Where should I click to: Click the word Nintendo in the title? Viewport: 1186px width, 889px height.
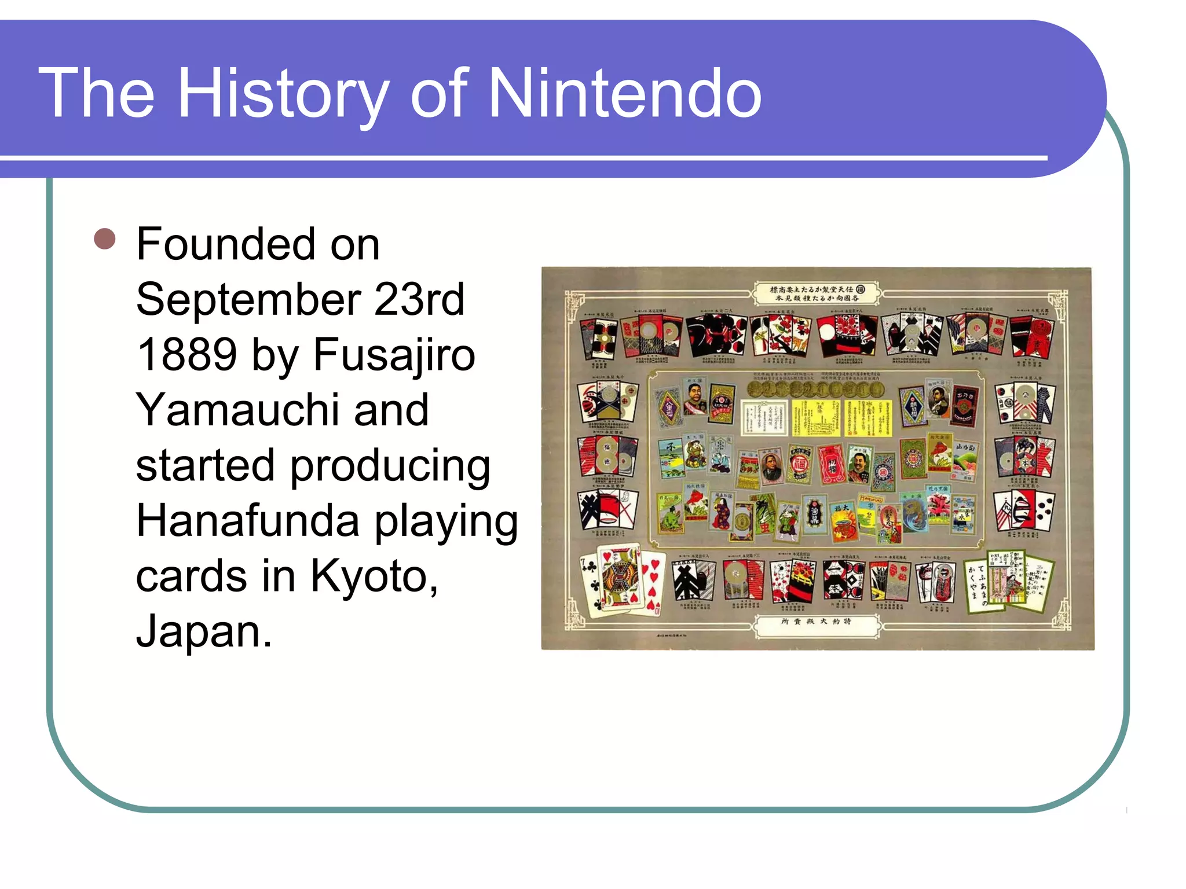click(625, 94)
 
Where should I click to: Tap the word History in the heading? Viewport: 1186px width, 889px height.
click(283, 94)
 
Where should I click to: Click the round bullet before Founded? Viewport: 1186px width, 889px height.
click(105, 238)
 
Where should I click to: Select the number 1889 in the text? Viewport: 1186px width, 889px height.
click(186, 354)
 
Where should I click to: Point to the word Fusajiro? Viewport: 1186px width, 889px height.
click(394, 354)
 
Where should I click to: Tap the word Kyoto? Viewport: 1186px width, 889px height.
click(374, 576)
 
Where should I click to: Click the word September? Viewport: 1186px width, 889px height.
click(248, 299)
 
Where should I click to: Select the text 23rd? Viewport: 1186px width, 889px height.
click(419, 299)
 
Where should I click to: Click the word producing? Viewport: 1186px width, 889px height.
click(390, 465)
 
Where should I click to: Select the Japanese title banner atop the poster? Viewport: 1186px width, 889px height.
click(817, 293)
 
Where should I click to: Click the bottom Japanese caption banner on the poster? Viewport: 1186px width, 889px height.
click(817, 622)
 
